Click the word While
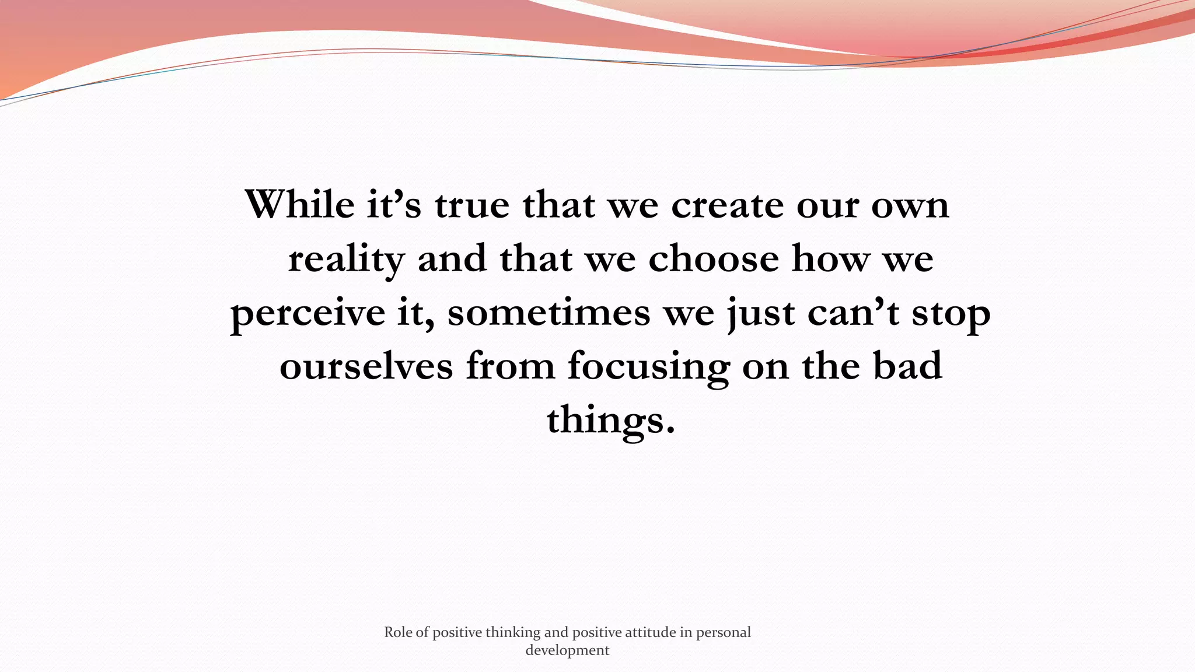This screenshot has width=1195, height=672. (299, 205)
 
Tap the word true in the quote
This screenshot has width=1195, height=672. (471, 205)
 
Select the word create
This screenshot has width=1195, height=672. (727, 205)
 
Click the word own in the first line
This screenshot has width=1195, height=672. (910, 205)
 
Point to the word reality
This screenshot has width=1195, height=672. (346, 259)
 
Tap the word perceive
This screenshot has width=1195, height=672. (308, 313)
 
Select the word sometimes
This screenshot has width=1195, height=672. (548, 313)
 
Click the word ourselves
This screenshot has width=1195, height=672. (366, 366)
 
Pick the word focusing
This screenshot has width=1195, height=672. (648, 366)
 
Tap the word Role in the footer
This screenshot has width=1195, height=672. (398, 632)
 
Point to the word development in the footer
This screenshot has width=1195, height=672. (567, 650)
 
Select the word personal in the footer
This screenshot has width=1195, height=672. (723, 632)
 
